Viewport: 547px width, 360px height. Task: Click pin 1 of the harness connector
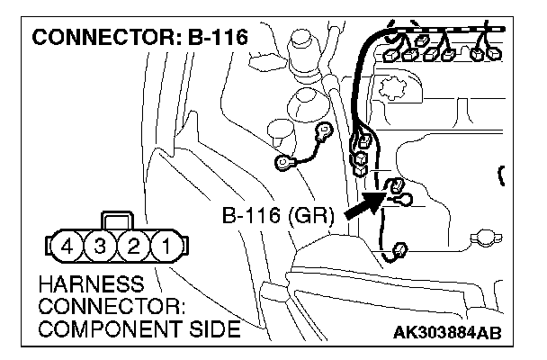pyautogui.click(x=166, y=244)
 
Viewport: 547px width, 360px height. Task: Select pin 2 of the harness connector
pyautogui.click(x=133, y=244)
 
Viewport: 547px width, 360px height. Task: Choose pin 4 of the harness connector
pyautogui.click(x=68, y=244)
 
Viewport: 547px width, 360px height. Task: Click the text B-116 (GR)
pyautogui.click(x=277, y=216)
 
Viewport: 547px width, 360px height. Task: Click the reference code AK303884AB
pyautogui.click(x=446, y=333)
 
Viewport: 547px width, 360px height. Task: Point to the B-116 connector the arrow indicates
pyautogui.click(x=393, y=189)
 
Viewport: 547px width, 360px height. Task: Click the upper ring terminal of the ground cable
pyautogui.click(x=322, y=131)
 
